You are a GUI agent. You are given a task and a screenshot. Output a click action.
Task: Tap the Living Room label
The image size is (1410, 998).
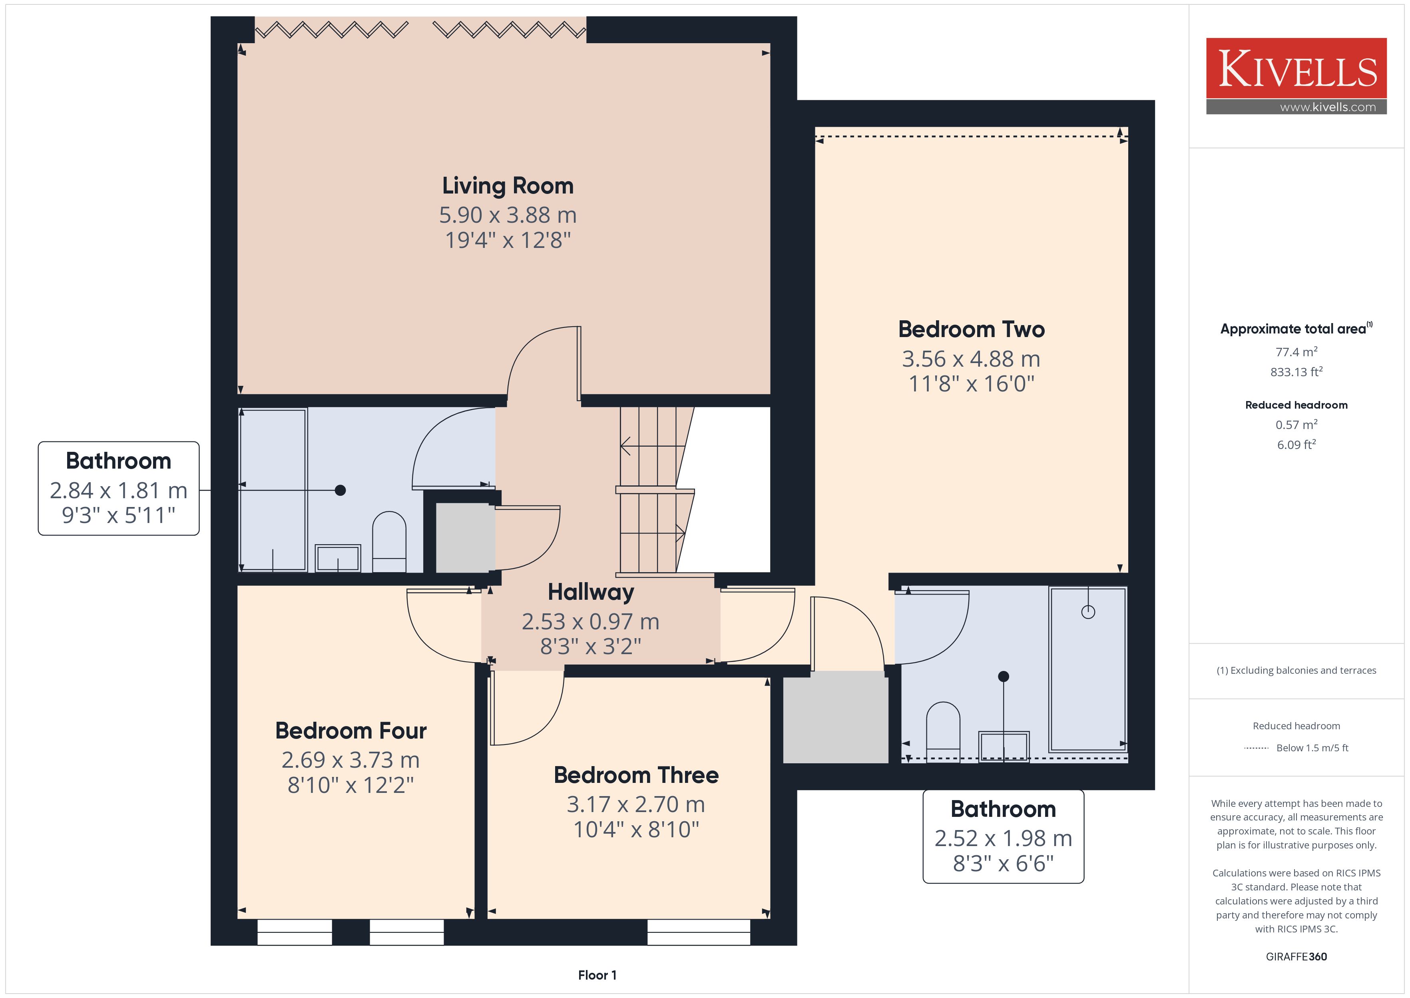[x=508, y=186]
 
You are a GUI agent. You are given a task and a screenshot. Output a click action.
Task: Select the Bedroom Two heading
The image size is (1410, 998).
[x=972, y=329]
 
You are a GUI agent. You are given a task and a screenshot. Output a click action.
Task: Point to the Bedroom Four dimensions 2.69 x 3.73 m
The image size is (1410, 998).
[x=351, y=760]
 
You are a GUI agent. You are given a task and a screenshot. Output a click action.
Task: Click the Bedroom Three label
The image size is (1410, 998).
[x=636, y=775]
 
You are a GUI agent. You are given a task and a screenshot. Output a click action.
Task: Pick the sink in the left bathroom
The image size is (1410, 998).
[x=338, y=558]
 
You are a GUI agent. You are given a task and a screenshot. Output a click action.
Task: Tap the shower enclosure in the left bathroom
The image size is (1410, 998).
[x=273, y=490]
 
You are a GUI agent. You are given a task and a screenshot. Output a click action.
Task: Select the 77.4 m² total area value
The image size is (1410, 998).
[x=1296, y=352]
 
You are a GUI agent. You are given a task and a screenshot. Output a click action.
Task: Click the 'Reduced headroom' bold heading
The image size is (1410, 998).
[x=1296, y=405]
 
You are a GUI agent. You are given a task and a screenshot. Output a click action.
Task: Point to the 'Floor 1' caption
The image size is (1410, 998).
[x=597, y=975]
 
